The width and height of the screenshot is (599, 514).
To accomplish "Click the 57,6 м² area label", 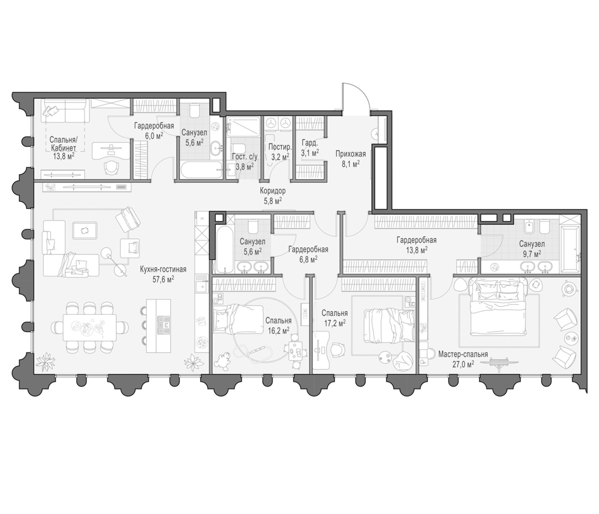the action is click(163, 280).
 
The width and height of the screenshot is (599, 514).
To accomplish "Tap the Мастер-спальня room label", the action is click(463, 354).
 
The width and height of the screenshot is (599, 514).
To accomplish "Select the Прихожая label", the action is click(351, 154).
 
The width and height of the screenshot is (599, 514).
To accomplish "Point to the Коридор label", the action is click(273, 191).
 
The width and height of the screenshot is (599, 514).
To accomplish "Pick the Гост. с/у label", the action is click(244, 156).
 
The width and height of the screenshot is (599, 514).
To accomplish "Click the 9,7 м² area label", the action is click(532, 254).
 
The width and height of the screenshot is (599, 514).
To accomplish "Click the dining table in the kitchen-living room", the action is click(90, 327).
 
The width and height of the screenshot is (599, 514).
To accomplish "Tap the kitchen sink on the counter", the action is click(201, 287).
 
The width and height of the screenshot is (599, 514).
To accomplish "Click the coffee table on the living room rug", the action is click(84, 230).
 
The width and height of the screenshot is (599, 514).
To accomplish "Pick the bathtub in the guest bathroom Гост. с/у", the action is click(244, 126).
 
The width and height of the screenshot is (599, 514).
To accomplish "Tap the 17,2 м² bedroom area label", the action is click(335, 323).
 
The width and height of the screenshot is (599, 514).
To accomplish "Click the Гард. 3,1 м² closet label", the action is click(310, 148).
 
